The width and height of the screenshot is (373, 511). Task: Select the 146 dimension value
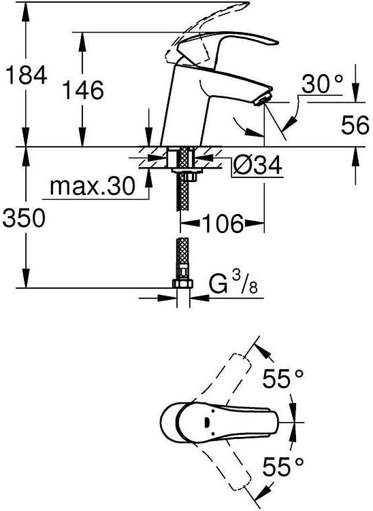(84, 89)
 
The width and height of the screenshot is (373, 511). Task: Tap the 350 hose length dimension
(25, 218)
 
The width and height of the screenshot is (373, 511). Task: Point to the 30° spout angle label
(322, 84)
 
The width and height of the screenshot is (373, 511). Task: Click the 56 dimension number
(354, 124)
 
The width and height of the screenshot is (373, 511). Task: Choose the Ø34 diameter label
(257, 164)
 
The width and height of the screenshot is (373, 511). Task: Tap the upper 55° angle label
(283, 380)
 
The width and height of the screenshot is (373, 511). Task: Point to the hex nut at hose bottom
(182, 283)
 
